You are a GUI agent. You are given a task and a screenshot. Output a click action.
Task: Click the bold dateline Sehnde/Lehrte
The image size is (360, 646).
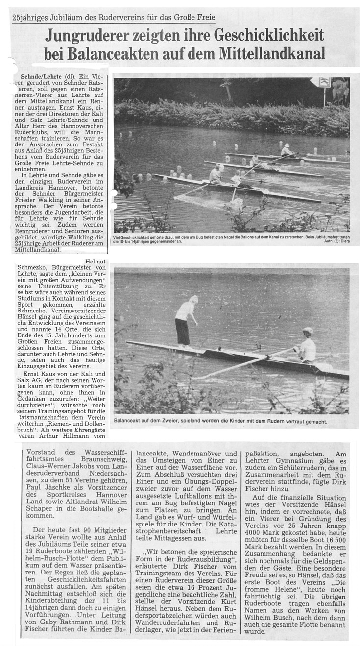(x=42, y=77)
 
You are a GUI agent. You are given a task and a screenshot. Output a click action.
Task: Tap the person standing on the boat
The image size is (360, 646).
(x=185, y=321)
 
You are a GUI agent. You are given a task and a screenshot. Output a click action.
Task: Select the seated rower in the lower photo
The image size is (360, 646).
(x=308, y=345)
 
